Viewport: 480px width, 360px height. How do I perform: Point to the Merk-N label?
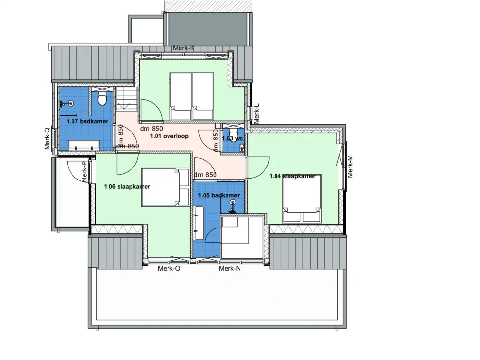(x=229, y=269)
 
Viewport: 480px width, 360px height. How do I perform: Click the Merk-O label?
(x=169, y=269)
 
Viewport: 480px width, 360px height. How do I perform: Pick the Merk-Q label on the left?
(x=47, y=139)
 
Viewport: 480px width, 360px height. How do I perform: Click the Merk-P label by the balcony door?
(x=84, y=172)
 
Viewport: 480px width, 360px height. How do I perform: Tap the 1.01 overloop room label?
(x=169, y=136)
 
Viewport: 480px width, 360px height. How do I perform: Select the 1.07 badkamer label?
(x=87, y=122)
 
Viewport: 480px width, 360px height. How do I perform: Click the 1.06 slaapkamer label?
(x=127, y=187)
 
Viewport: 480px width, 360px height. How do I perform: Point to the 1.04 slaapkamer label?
(x=292, y=176)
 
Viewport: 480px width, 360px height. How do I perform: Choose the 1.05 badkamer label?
(x=219, y=196)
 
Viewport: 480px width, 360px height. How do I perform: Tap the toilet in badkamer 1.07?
(x=101, y=99)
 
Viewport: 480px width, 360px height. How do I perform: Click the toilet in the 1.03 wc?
(x=233, y=132)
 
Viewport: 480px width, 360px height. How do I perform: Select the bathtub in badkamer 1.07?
(x=84, y=145)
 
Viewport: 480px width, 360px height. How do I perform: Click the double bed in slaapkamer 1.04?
(x=301, y=198)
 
